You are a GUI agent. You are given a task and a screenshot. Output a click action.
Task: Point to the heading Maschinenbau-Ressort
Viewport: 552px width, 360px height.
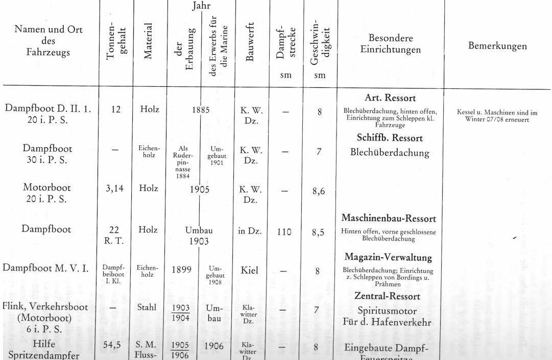coord(389,219)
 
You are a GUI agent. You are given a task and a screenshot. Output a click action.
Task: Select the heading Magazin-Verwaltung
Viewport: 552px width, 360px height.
coord(388,257)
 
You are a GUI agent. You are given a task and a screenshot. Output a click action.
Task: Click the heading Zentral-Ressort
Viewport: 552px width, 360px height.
coord(387,296)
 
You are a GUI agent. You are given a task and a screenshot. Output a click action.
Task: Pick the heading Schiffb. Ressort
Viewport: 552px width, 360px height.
coord(387,138)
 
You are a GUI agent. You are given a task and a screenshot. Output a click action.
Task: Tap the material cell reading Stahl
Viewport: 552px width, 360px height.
coord(148,308)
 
